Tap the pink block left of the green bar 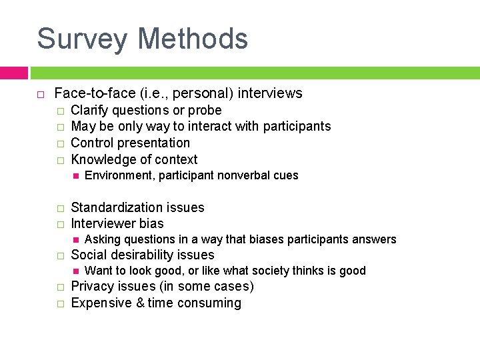tap(13, 72)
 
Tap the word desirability tap(143, 255)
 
